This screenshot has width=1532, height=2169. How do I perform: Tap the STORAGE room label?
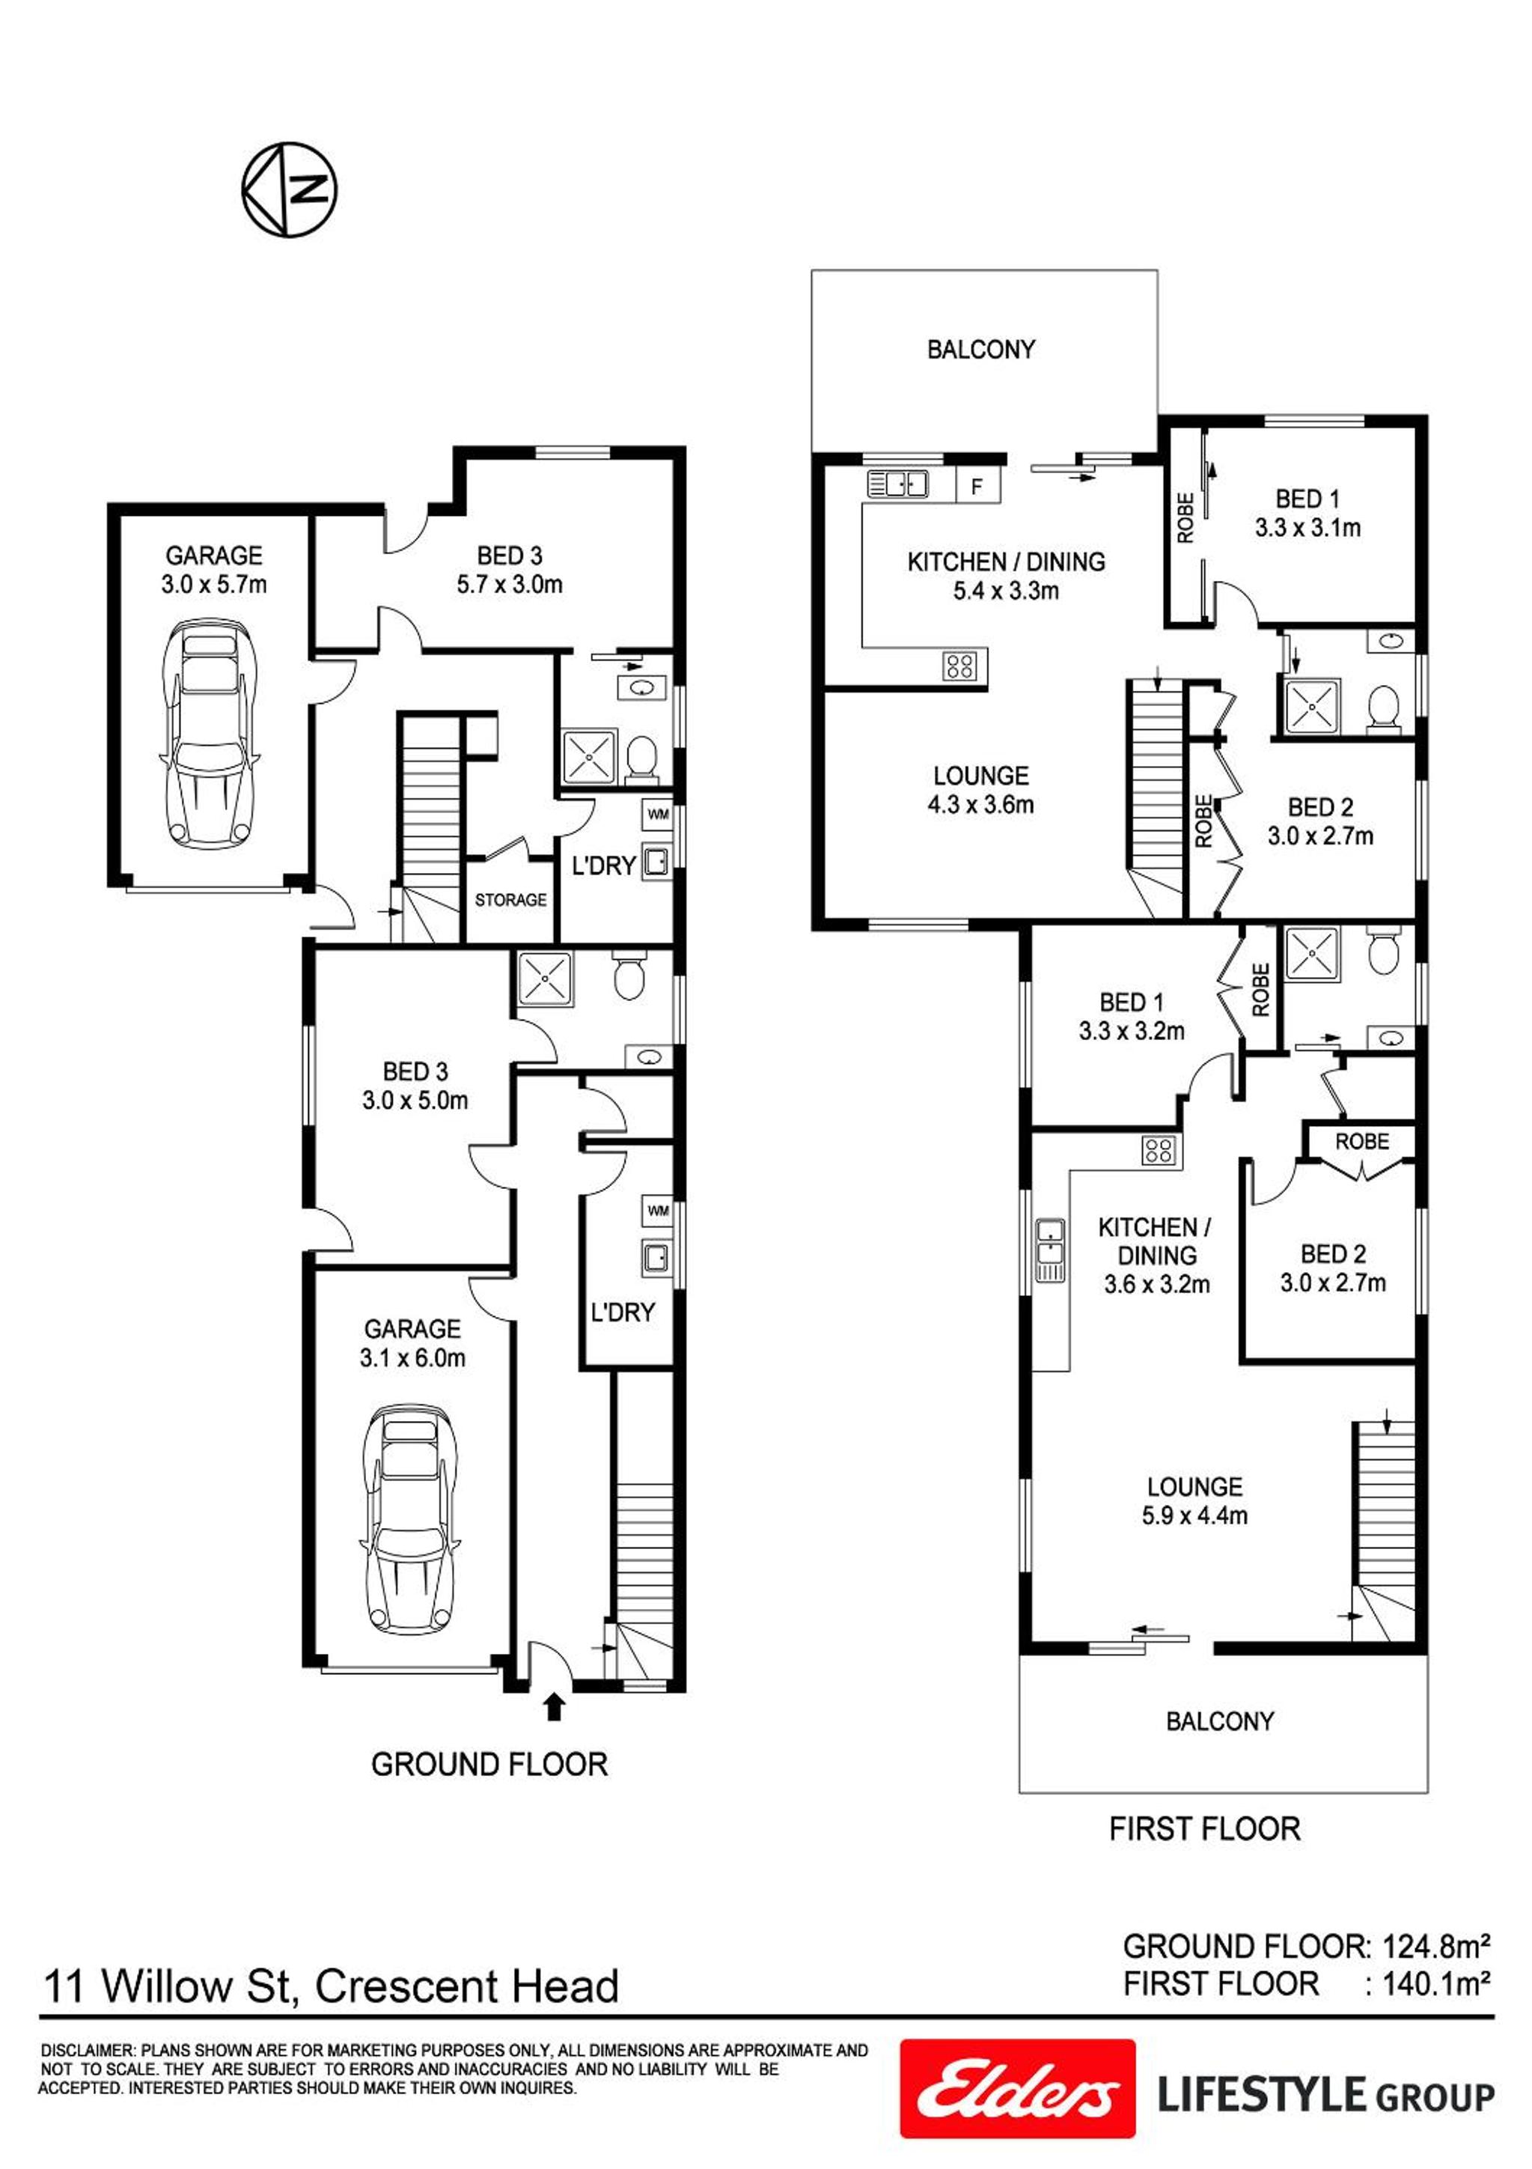click(510, 900)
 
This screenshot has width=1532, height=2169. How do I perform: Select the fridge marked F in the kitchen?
click(977, 487)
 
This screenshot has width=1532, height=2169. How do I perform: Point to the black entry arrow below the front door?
click(555, 1705)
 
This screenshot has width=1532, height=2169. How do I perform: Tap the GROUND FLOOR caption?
click(489, 1765)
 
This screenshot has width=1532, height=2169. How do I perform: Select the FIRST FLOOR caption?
click(1204, 1830)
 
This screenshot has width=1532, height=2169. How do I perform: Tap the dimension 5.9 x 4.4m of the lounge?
click(1194, 1516)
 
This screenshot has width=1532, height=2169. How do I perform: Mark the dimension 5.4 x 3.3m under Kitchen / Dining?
click(1006, 591)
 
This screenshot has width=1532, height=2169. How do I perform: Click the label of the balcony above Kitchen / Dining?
click(980, 350)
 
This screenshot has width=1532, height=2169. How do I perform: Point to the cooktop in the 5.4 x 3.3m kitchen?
click(959, 666)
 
